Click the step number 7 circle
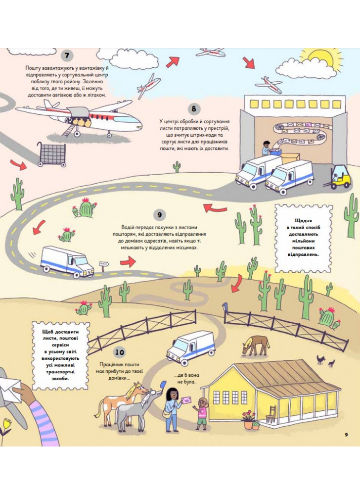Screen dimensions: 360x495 [x=67, y=55]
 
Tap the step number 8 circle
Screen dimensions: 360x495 [x=193, y=109]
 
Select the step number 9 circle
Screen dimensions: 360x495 [x=160, y=215]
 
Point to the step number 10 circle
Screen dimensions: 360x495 [x=120, y=352]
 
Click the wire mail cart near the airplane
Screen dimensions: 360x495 [x=52, y=154]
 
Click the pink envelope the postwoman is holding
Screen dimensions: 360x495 [x=186, y=400]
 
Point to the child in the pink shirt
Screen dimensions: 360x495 [x=201, y=413]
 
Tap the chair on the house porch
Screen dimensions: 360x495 [x=271, y=414]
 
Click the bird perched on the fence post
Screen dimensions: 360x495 [x=225, y=306]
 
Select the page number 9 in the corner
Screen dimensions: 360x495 [x=346, y=435]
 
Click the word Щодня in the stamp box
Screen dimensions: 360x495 [x=303, y=221]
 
